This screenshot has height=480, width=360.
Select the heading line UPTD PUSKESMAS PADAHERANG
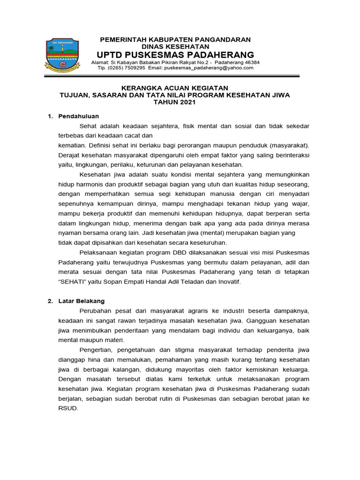tap(175, 54)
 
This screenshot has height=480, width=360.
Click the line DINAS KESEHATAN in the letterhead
tap(176, 46)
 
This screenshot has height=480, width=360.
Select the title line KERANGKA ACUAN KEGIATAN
tap(175, 88)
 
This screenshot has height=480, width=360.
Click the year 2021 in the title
tap(186, 102)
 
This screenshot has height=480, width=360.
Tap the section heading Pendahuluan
tap(78, 116)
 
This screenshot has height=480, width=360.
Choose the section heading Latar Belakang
tap(82, 301)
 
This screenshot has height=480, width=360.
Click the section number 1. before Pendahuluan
tap(51, 116)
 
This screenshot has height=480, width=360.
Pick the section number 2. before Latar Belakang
tap(51, 301)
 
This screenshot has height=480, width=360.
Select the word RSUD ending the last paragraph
tap(67, 408)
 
